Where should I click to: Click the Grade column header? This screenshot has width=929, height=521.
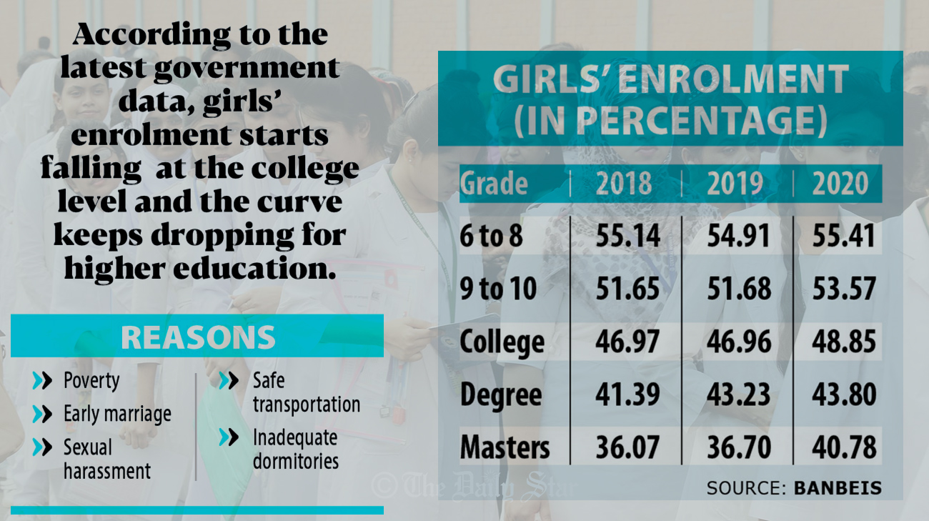494,184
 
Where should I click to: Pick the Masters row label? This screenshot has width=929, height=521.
505,447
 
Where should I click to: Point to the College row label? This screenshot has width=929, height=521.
502,342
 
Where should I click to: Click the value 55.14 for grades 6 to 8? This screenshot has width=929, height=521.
628,237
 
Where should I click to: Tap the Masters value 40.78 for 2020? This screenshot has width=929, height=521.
843,447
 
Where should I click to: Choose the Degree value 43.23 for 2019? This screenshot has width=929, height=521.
739,395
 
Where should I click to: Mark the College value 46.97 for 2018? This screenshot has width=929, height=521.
628,342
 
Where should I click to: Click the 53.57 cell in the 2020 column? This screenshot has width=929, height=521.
843,289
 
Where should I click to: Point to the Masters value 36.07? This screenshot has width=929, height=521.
628,447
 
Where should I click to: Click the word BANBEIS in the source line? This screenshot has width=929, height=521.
838,488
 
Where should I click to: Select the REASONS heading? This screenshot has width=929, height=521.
198,337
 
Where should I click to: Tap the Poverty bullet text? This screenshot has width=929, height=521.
91,380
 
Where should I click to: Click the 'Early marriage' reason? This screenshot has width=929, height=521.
117,414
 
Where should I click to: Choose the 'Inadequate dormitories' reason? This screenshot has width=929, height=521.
295,449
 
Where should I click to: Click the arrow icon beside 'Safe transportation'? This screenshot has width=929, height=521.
229,380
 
